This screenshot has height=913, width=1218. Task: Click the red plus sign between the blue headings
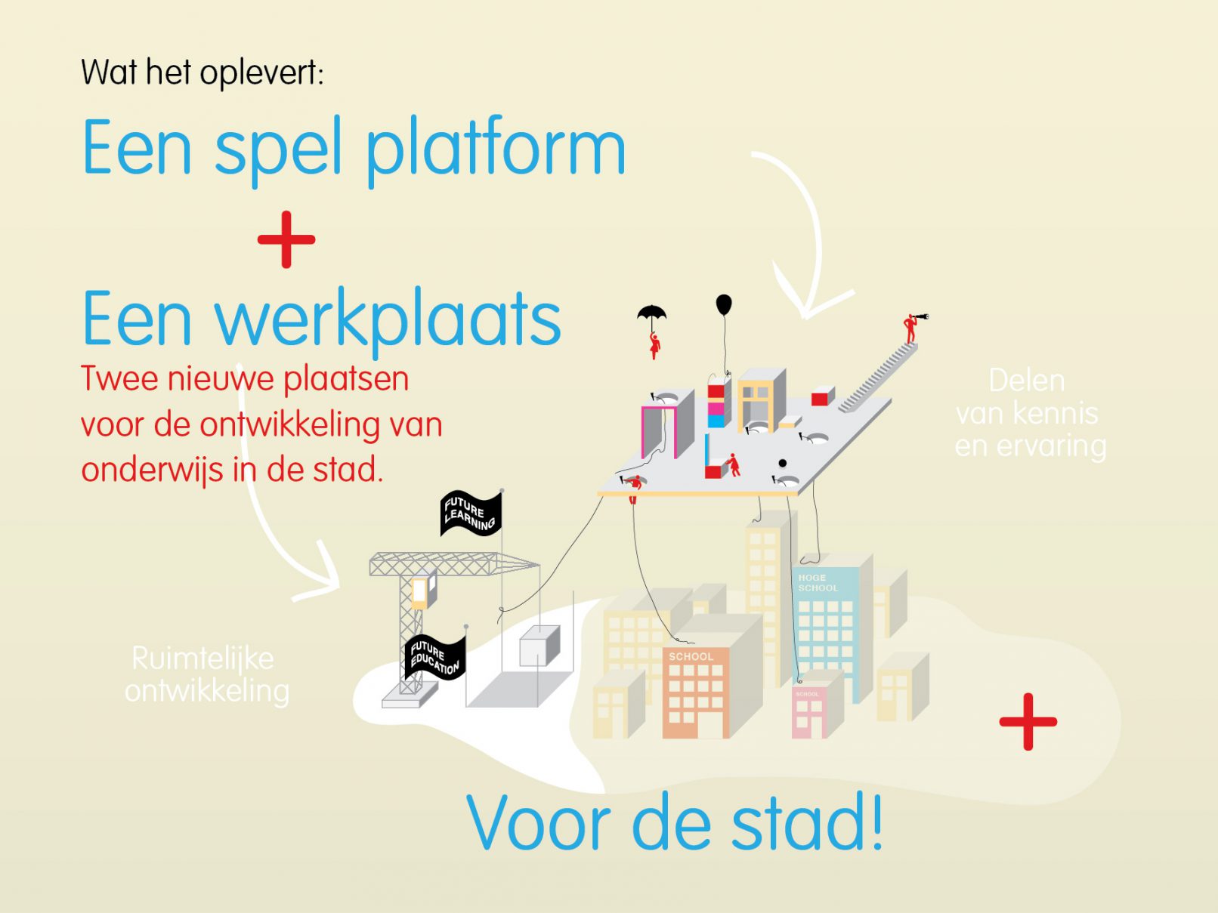[286, 239]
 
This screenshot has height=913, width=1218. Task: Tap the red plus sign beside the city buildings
[1028, 722]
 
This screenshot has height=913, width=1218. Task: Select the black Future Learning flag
[471, 514]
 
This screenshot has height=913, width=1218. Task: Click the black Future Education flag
[435, 658]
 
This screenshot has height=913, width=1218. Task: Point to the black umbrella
[651, 313]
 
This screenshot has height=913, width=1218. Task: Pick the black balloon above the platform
[724, 304]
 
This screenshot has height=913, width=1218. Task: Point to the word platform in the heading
[496, 151]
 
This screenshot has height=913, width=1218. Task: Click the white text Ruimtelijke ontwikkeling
[207, 675]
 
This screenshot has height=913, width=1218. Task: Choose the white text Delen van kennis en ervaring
[1030, 414]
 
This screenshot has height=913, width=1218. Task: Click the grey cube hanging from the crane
[539, 646]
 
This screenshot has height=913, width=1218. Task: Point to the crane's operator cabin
[423, 591]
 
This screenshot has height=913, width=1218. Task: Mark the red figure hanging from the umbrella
[655, 345]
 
